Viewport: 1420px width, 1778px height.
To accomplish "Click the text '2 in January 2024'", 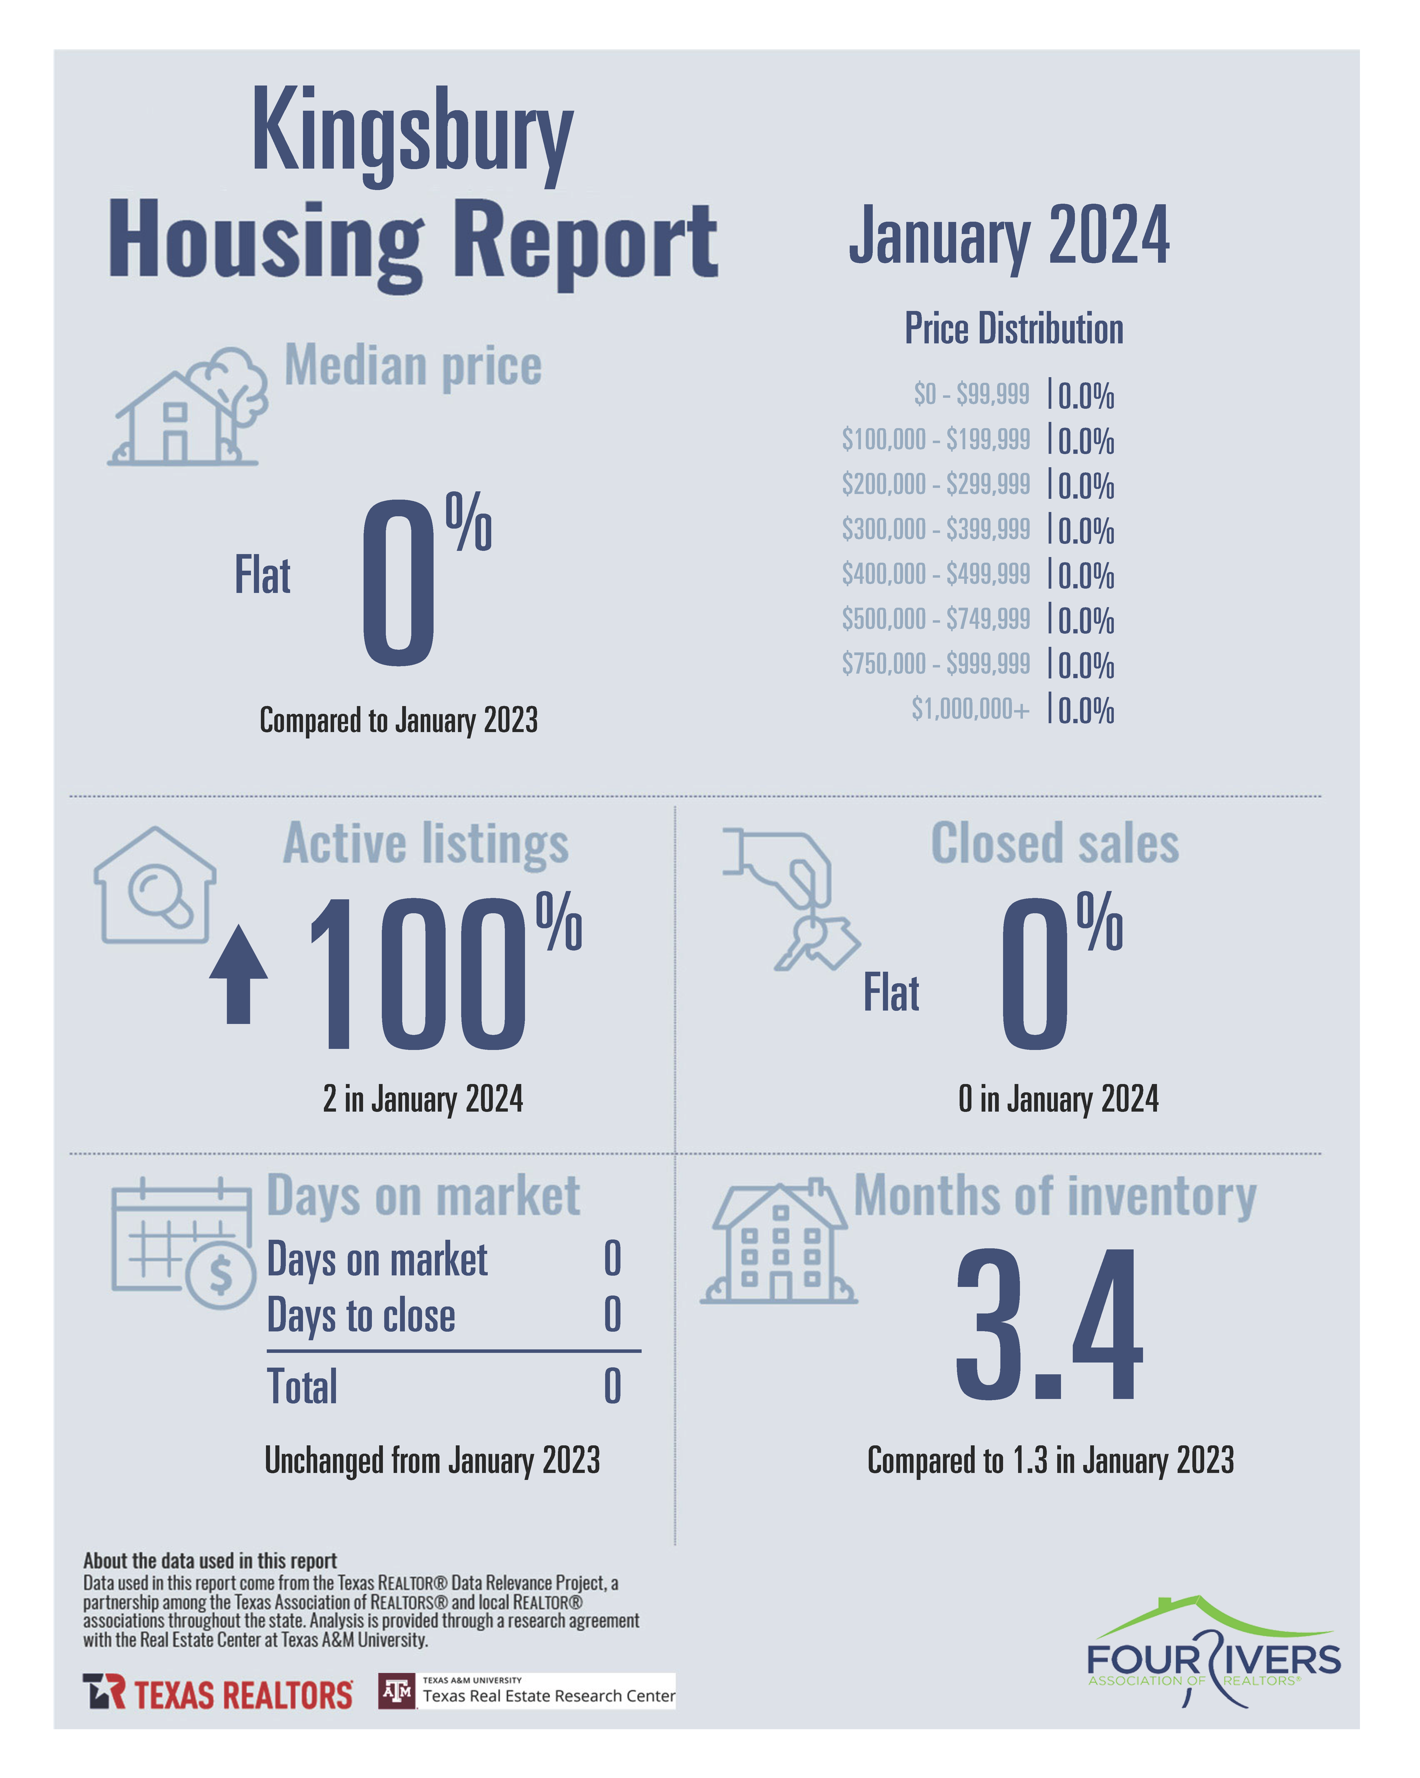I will [423, 1099].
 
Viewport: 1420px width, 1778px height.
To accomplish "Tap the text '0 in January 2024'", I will [1058, 1099].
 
